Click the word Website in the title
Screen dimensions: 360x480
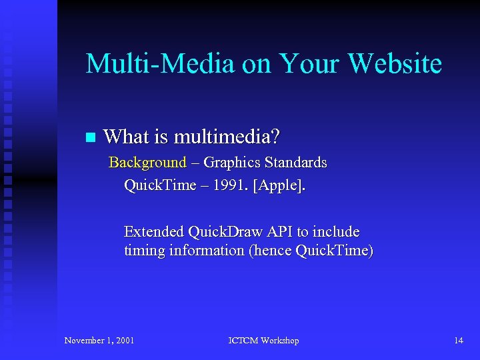tap(395, 64)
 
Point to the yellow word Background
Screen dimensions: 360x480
tap(147, 163)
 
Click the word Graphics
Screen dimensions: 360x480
tap(232, 163)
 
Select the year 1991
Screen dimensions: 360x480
tap(226, 185)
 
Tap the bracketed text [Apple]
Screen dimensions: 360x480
tap(279, 185)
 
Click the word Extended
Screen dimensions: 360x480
tap(154, 232)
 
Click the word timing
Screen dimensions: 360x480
tap(143, 251)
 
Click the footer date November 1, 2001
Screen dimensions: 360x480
tap(99, 341)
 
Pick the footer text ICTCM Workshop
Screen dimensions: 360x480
tap(263, 341)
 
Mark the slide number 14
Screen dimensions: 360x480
tap(459, 341)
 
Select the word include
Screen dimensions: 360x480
tap(337, 232)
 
